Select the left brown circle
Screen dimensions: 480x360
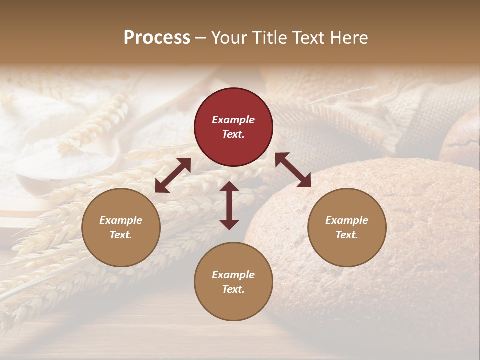121,227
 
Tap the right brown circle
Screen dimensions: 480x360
347,227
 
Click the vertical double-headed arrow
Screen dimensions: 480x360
229,205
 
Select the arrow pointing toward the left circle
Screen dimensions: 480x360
173,175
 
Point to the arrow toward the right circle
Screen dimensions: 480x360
293,170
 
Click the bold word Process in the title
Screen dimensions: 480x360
157,37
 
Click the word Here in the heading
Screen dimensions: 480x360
350,37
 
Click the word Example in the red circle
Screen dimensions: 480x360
233,120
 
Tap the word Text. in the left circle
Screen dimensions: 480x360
121,235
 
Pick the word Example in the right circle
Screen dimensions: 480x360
347,220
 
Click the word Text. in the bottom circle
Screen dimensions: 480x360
233,289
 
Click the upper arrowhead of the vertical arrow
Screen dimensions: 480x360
229,187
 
